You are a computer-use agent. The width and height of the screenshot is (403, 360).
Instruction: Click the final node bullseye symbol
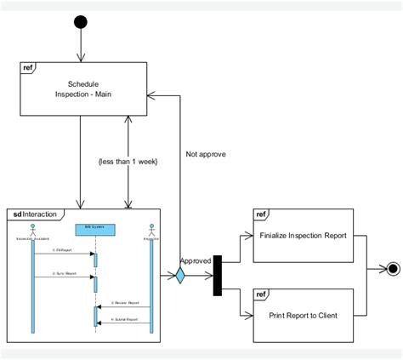(x=392, y=270)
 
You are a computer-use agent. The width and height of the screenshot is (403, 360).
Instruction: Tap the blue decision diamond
(x=179, y=275)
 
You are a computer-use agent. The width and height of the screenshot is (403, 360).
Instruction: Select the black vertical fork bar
(x=218, y=275)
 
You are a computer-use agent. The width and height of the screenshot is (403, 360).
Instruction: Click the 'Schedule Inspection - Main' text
(x=82, y=89)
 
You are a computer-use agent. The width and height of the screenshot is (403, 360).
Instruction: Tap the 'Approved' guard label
(x=195, y=262)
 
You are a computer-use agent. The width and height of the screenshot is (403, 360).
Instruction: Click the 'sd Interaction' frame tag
(x=34, y=213)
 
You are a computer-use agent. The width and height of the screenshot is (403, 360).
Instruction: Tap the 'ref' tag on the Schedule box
(x=28, y=66)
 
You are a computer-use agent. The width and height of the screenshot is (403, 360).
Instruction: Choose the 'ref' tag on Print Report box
(x=261, y=294)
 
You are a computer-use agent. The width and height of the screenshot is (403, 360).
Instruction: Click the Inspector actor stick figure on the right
(x=151, y=231)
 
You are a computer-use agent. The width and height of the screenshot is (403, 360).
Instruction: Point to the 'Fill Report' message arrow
(x=64, y=254)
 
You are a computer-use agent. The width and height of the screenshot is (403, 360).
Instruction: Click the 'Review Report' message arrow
(x=124, y=307)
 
